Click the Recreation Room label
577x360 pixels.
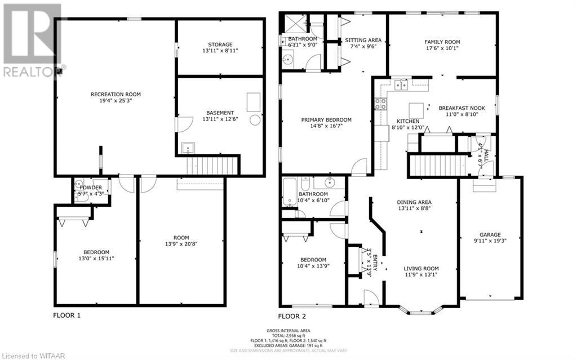point(116,94)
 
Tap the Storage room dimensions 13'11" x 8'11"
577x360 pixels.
point(219,51)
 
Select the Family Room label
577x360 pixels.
point(442,42)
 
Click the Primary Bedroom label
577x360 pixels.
point(326,119)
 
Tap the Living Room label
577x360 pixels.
point(421,268)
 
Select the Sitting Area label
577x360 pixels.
point(363,40)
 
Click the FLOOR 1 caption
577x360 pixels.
point(66,315)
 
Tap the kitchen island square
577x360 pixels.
point(416,108)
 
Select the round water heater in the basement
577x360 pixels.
point(256,120)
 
